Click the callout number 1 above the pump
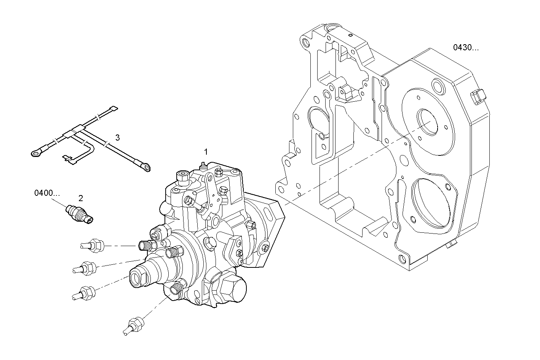point(206,152)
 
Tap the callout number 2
point(81,198)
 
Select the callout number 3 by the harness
point(118,137)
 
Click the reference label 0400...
point(47,193)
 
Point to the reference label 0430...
point(466,48)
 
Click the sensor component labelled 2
point(80,213)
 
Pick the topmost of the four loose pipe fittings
point(93,246)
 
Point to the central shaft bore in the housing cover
point(428,122)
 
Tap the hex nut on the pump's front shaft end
point(139,277)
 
